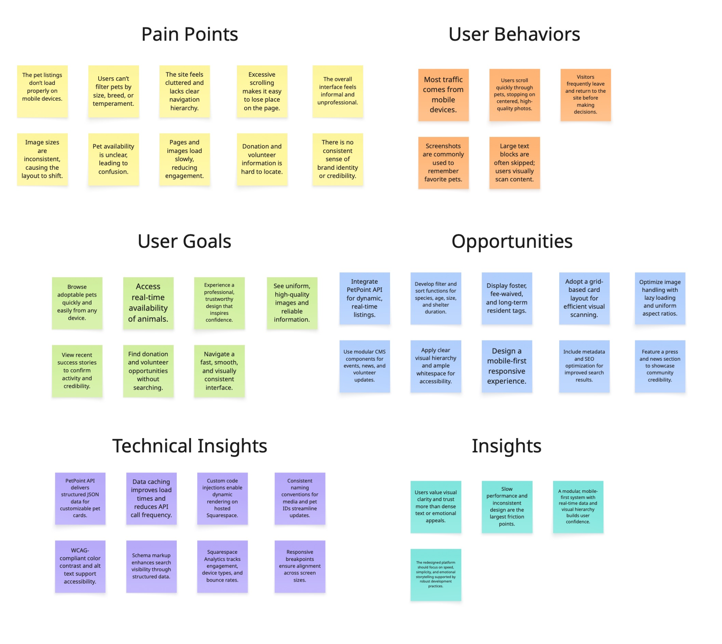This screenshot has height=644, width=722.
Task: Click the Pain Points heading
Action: [190, 34]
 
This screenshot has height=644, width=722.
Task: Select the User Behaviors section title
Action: [514, 34]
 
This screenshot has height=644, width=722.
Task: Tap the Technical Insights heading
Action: [190, 446]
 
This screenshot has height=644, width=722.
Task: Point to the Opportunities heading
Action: [512, 241]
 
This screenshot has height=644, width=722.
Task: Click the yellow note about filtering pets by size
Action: [113, 91]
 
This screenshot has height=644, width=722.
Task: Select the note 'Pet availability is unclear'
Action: [113, 159]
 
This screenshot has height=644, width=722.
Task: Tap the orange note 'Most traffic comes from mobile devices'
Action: [443, 95]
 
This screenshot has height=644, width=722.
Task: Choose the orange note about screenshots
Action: [443, 163]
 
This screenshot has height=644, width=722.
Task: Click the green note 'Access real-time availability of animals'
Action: [148, 303]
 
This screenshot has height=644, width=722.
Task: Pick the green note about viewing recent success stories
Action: [77, 371]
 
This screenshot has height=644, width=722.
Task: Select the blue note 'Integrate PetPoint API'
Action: [364, 298]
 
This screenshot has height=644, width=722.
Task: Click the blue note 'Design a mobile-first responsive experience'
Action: [507, 366]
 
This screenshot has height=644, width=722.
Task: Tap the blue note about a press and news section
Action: [660, 366]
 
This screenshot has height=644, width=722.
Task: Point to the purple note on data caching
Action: [151, 498]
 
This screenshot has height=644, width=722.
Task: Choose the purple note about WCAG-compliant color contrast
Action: [80, 566]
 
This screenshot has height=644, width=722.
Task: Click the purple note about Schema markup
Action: [151, 566]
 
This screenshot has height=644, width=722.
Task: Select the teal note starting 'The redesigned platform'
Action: [436, 575]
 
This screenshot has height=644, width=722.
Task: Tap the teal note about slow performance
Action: [507, 506]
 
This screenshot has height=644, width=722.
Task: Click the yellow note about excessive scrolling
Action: [262, 91]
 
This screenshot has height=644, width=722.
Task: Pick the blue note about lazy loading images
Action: [660, 298]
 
